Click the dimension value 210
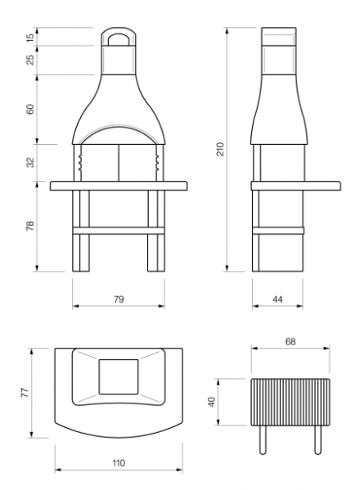[x=222, y=149]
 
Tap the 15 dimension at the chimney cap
[x=29, y=38]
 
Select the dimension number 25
[x=29, y=60]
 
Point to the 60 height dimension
[x=29, y=109]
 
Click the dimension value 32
[x=29, y=163]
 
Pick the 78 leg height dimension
[x=29, y=226]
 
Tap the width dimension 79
[x=119, y=300]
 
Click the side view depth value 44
[x=277, y=300]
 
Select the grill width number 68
[x=290, y=341]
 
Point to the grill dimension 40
[x=212, y=402]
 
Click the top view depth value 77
[x=25, y=393]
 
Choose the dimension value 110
[x=119, y=463]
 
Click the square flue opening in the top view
[x=119, y=376]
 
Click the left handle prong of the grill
[x=263, y=440]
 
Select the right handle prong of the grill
[x=317, y=440]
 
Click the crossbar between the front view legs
[x=119, y=231]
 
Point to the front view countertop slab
[x=119, y=186]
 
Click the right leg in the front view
[x=156, y=231]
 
